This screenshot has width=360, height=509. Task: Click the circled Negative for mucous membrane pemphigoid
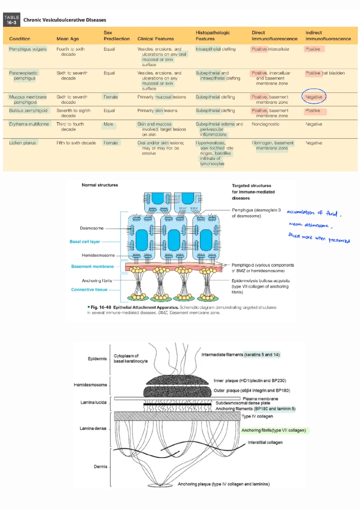[x=314, y=97]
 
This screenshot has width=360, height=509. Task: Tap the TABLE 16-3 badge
[x=12, y=20]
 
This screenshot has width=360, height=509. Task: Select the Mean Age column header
[x=67, y=39]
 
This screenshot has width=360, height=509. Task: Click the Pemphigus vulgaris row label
[x=28, y=49]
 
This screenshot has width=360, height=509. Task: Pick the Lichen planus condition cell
[x=22, y=143]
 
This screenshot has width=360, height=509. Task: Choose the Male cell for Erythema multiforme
[x=108, y=124]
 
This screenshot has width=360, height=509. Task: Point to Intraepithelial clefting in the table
[x=215, y=49]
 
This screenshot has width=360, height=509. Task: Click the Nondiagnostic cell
[x=265, y=124]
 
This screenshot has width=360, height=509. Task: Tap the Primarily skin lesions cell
[x=157, y=110]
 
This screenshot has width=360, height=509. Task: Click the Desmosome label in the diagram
[x=91, y=228]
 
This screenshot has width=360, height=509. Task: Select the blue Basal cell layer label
[x=85, y=241]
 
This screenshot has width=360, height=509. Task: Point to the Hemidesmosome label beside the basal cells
[x=98, y=255]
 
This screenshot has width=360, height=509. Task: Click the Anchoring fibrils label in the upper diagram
[x=97, y=281]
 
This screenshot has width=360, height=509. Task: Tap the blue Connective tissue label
[x=89, y=289]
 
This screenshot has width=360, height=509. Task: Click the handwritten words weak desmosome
[x=308, y=225]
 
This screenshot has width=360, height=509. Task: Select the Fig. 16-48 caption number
[x=101, y=307]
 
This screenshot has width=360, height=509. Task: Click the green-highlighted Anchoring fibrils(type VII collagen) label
[x=274, y=430]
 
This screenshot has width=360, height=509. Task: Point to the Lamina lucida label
[x=93, y=402]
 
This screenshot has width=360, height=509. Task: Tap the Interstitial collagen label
[x=265, y=442]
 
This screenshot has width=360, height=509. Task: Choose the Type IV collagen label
[x=257, y=416]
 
